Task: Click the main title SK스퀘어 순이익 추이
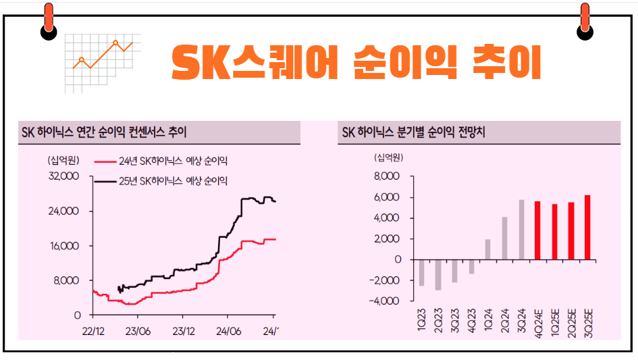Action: coord(356,62)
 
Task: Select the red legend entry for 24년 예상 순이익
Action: coord(162,161)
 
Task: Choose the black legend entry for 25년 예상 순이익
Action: coord(162,181)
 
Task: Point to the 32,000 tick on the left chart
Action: coord(65,176)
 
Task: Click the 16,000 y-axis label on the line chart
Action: coord(65,246)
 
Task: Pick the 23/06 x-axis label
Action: coord(138,332)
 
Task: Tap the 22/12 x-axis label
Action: coord(92,332)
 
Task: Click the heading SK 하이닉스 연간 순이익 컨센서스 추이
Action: coord(104,133)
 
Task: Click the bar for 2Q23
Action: coord(438,275)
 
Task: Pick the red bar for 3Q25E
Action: coord(587,227)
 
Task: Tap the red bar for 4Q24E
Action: coord(537,230)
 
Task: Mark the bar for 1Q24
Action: coord(487,249)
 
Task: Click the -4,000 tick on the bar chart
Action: coord(386,301)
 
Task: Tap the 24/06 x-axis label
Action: coord(228,332)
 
